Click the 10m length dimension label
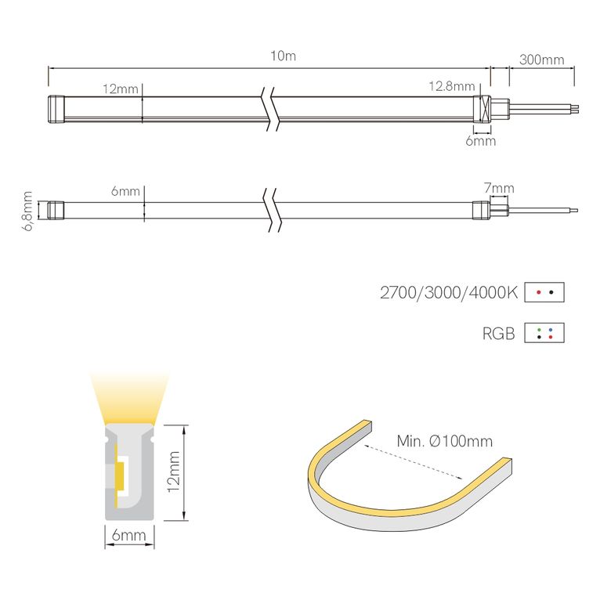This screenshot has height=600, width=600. click(x=283, y=56)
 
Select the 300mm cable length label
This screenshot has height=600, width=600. click(x=541, y=60)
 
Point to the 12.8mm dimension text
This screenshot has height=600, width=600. click(x=452, y=86)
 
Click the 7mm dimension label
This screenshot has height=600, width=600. click(x=499, y=188)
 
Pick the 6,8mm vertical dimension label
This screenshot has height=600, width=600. click(x=28, y=210)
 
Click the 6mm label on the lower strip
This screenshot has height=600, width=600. click(x=125, y=191)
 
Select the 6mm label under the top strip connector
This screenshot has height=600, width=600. click(x=480, y=142)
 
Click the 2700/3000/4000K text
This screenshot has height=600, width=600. click(x=449, y=293)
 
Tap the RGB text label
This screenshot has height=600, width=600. click(x=499, y=334)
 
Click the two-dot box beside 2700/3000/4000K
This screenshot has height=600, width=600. click(x=544, y=292)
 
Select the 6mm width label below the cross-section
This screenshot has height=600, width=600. click(x=129, y=536)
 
